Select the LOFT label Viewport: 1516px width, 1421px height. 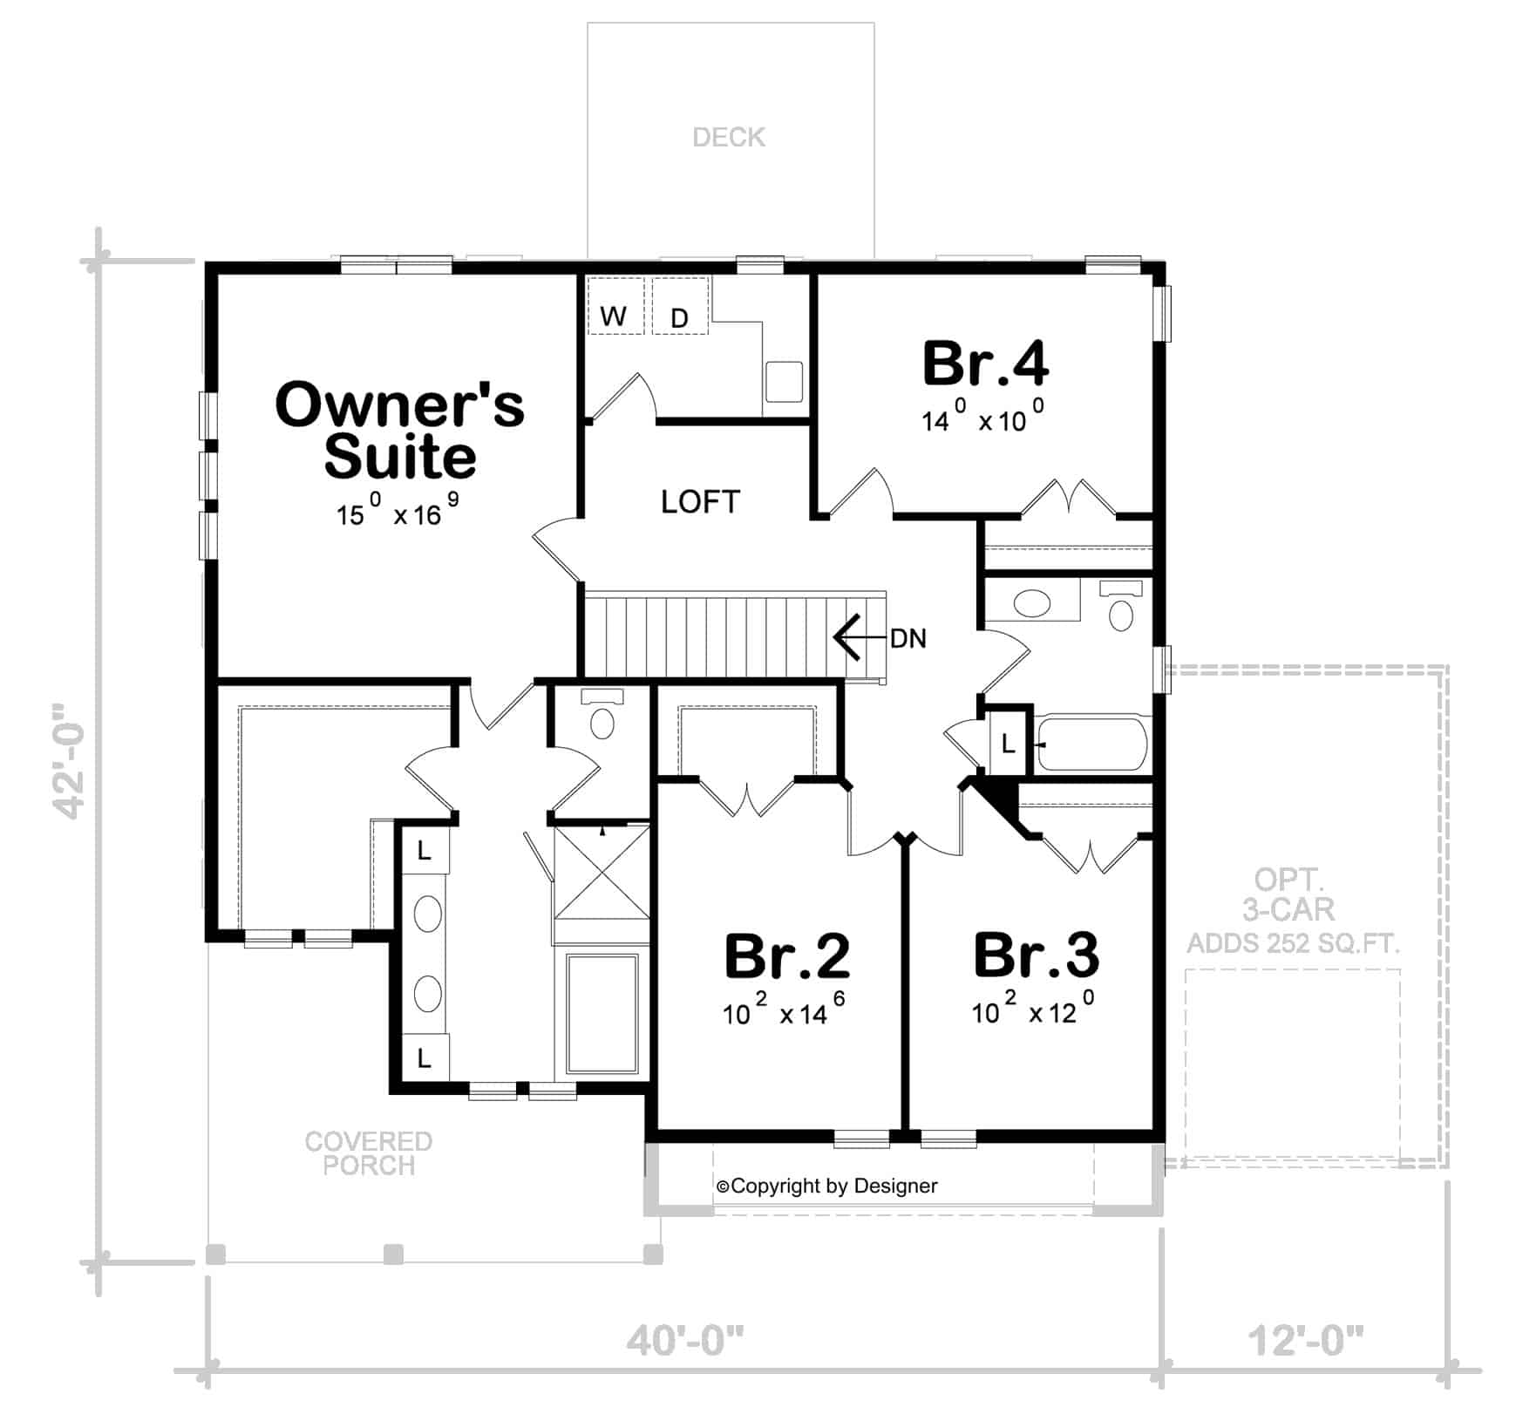[700, 501]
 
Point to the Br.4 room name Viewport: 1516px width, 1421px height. [985, 364]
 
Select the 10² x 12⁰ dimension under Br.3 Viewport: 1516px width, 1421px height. [1033, 1010]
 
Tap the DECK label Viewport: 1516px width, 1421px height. [729, 137]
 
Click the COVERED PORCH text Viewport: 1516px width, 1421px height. [368, 1152]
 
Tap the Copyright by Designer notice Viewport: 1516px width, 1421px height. [826, 1186]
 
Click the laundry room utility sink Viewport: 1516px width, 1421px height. [783, 381]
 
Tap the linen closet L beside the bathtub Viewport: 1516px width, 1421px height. [1008, 744]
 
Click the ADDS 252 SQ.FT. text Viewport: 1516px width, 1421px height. [1293, 942]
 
